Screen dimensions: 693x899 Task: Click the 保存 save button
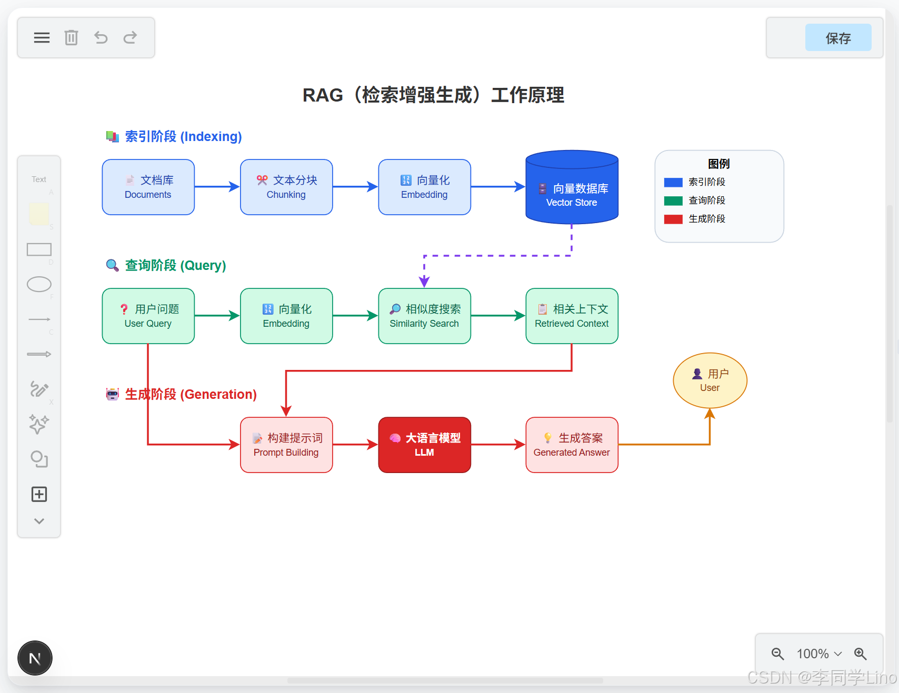838,38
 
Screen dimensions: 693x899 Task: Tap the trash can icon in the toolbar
71,37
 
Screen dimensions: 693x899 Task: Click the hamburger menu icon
42,37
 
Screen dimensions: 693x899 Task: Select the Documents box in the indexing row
148,187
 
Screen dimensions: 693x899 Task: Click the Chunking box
286,187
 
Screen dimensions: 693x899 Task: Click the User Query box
148,316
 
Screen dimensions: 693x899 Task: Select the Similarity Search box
424,316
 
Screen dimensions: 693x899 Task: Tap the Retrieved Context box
572,316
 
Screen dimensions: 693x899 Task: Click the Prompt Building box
286,445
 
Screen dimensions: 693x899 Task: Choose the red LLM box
424,445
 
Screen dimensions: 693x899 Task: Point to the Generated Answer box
572,445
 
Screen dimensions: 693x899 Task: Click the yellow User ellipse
710,380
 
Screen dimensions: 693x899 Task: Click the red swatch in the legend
673,219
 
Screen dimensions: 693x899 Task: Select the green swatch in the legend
673,200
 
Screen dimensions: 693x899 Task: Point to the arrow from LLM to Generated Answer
498,445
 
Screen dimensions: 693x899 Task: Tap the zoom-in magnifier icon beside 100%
860,654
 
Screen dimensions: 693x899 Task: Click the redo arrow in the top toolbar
130,37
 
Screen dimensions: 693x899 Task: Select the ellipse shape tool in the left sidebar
39,284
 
